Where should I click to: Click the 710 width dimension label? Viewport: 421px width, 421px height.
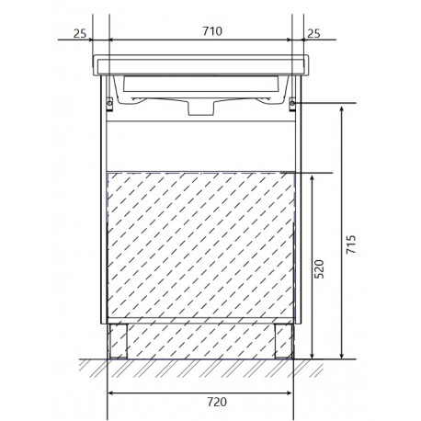(212, 31)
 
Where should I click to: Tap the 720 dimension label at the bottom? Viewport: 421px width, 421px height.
(217, 402)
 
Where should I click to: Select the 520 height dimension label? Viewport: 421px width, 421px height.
(319, 268)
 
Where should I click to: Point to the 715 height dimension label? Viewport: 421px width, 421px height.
(351, 245)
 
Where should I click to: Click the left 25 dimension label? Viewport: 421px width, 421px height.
(80, 33)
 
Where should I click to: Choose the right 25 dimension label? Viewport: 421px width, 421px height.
(313, 33)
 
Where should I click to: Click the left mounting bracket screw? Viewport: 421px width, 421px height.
(109, 103)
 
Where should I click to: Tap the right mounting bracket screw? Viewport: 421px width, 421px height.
(292, 103)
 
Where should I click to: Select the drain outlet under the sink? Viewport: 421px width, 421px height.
(200, 108)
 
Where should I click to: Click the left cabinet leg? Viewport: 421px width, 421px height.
(119, 341)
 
